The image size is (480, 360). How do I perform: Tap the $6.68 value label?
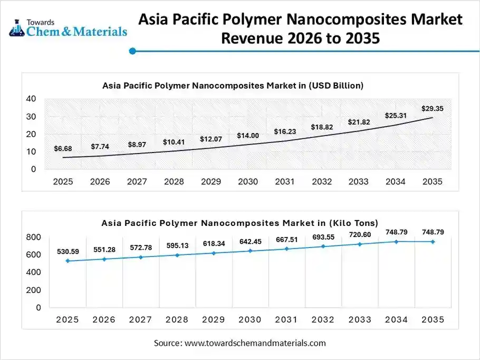click(63, 149)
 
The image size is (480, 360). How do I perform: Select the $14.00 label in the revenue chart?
click(247, 136)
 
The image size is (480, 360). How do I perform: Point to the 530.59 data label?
click(68, 251)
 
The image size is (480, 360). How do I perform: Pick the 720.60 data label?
click(360, 234)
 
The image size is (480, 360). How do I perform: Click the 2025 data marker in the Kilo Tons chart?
click(68, 261)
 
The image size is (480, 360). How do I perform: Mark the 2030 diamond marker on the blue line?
click(250, 251)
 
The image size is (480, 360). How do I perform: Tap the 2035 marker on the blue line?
click(433, 242)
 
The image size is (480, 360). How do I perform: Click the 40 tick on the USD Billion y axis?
click(31, 99)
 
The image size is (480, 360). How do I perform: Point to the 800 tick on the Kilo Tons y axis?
click(33, 238)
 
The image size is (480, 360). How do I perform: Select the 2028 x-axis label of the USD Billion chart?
click(174, 182)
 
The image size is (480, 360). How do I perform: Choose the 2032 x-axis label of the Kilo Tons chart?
click(323, 320)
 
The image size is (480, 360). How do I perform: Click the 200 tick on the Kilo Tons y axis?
click(33, 290)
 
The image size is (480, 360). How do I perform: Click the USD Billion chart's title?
click(233, 85)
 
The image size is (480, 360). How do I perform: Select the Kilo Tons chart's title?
click(239, 223)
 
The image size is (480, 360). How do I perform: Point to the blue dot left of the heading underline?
click(133, 51)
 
